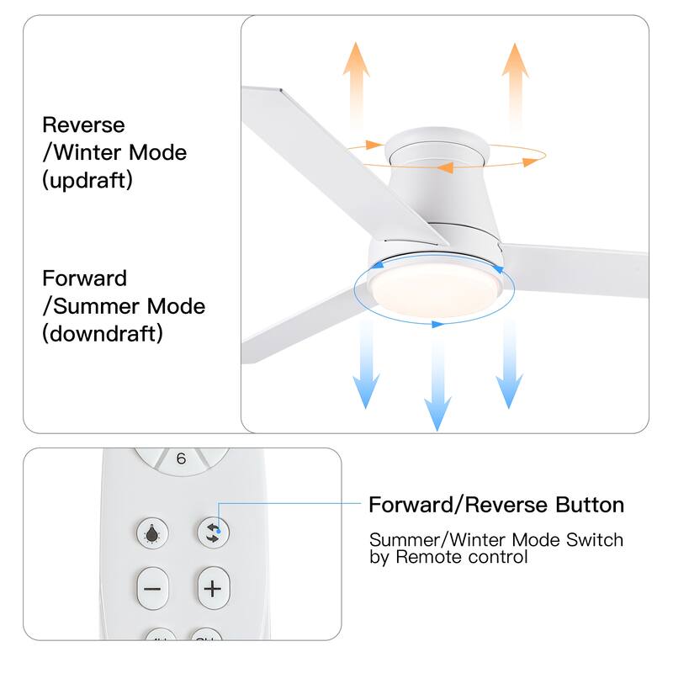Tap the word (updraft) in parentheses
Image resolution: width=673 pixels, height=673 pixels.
coord(87,180)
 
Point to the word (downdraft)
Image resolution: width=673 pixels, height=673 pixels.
coord(103,333)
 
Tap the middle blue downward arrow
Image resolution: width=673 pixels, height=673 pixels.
coord(436,379)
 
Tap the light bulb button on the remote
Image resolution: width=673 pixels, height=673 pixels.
coord(152,533)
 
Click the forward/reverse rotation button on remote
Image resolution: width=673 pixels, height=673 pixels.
coord(213,533)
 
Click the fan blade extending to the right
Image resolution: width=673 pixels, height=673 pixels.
coord(580,269)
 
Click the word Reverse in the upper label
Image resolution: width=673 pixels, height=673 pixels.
coord(83,125)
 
